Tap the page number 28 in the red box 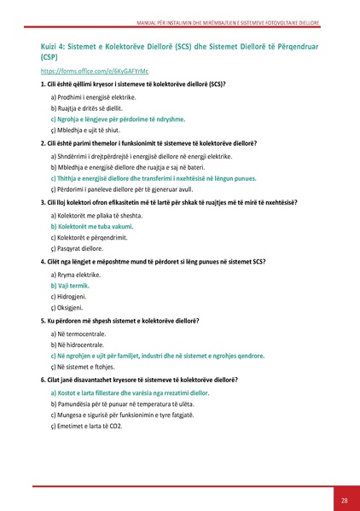tap(344, 499)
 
